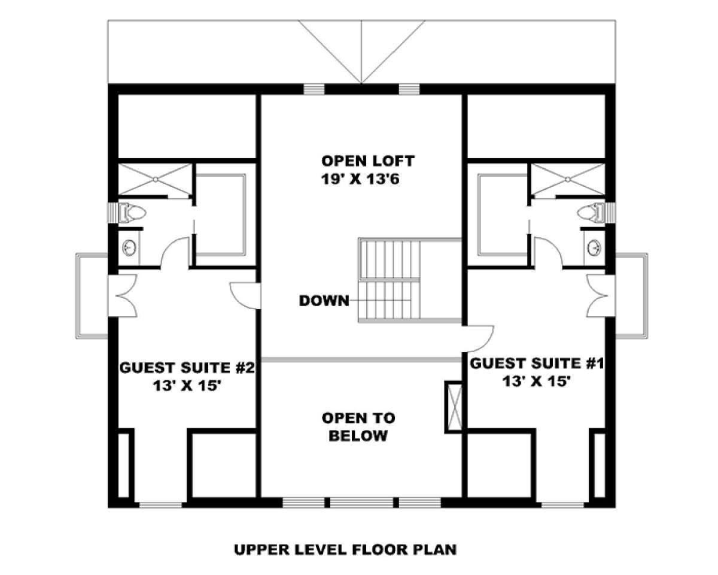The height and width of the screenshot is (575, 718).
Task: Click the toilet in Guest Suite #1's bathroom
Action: tap(591, 213)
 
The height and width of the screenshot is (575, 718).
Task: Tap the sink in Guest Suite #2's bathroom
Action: tap(129, 247)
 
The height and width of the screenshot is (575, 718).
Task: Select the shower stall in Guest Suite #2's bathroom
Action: tap(155, 180)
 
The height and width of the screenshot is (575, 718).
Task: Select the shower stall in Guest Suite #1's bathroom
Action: tap(568, 180)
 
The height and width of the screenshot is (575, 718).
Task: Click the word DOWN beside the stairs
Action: tap(324, 301)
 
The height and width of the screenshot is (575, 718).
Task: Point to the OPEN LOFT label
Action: tap(367, 161)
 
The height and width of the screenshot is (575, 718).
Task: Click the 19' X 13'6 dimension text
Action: tap(360, 180)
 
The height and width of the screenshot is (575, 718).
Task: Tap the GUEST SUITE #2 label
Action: tap(187, 368)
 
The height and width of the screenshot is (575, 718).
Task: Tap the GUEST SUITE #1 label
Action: tap(537, 363)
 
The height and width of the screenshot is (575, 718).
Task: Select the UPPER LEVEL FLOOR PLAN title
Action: tap(345, 550)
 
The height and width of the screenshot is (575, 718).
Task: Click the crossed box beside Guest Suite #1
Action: tap(454, 407)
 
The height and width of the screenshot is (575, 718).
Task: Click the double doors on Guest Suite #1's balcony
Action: tap(601, 296)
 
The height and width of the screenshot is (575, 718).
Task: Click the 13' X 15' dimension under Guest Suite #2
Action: tap(187, 386)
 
